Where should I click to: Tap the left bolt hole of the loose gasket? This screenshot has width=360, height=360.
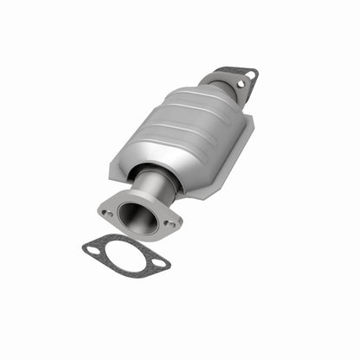93,249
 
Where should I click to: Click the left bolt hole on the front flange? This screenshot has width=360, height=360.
106,209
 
